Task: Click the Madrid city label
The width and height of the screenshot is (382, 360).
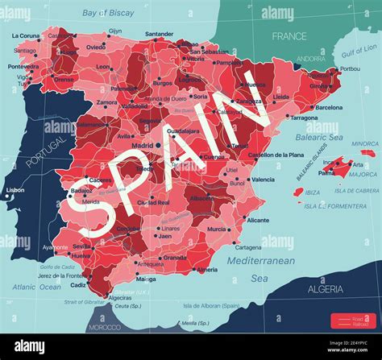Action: click(142, 145)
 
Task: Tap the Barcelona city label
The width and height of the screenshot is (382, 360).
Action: click(328, 107)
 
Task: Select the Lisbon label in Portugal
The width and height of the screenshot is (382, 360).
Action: click(15, 190)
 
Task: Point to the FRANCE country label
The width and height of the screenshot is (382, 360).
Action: click(289, 36)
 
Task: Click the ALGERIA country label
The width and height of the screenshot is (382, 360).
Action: click(326, 288)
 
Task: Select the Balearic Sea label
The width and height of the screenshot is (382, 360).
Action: click(324, 137)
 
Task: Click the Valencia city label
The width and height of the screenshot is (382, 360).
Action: click(263, 180)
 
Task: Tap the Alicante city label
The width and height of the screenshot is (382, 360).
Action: click(258, 220)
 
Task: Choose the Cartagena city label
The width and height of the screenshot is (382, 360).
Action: click(248, 247)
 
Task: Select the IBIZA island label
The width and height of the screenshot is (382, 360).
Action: click(312, 192)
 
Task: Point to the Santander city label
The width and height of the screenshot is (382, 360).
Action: click(159, 35)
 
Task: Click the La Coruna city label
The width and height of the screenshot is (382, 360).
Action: click(26, 36)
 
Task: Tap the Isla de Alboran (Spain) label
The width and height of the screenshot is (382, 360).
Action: click(211, 305)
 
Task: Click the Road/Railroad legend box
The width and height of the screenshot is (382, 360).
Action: click(352, 321)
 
